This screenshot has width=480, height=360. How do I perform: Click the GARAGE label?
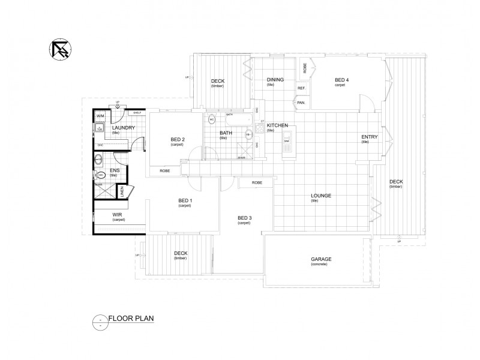tap(321, 259)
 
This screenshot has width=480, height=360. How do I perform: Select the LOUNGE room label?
tap(321, 196)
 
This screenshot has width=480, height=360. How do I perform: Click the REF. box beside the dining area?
tap(301, 88)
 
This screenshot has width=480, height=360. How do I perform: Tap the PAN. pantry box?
tap(301, 103)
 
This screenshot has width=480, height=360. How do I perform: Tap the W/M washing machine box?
tap(100, 115)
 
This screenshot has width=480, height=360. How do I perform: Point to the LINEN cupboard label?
tap(122, 192)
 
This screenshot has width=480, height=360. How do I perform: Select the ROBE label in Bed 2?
tap(164, 171)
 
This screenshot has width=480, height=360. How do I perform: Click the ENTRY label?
tap(368, 137)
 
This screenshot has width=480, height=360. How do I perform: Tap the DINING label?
tap(275, 80)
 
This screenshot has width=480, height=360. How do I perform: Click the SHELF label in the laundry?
tap(137, 112)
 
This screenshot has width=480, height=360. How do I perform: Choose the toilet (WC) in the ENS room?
tap(101, 175)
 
